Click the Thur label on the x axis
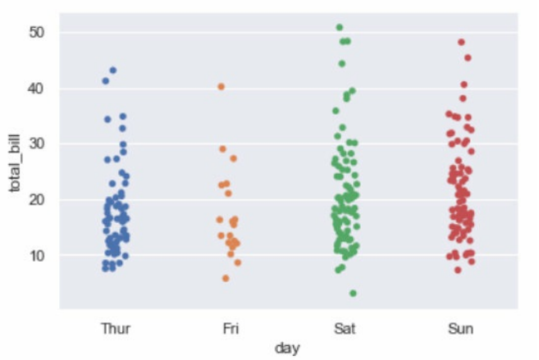tap(116, 329)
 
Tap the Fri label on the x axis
tap(231, 329)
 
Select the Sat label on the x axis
tap(345, 329)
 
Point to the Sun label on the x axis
tap(460, 329)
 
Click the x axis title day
tap(288, 349)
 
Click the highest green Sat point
tap(340, 28)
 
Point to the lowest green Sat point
tap(353, 293)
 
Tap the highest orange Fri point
tap(221, 86)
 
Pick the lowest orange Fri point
tap(226, 279)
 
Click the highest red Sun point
tap(461, 42)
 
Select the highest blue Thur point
tap(113, 71)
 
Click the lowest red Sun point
tap(458, 270)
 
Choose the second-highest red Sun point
tap(468, 57)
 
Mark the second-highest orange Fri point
tap(222, 149)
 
